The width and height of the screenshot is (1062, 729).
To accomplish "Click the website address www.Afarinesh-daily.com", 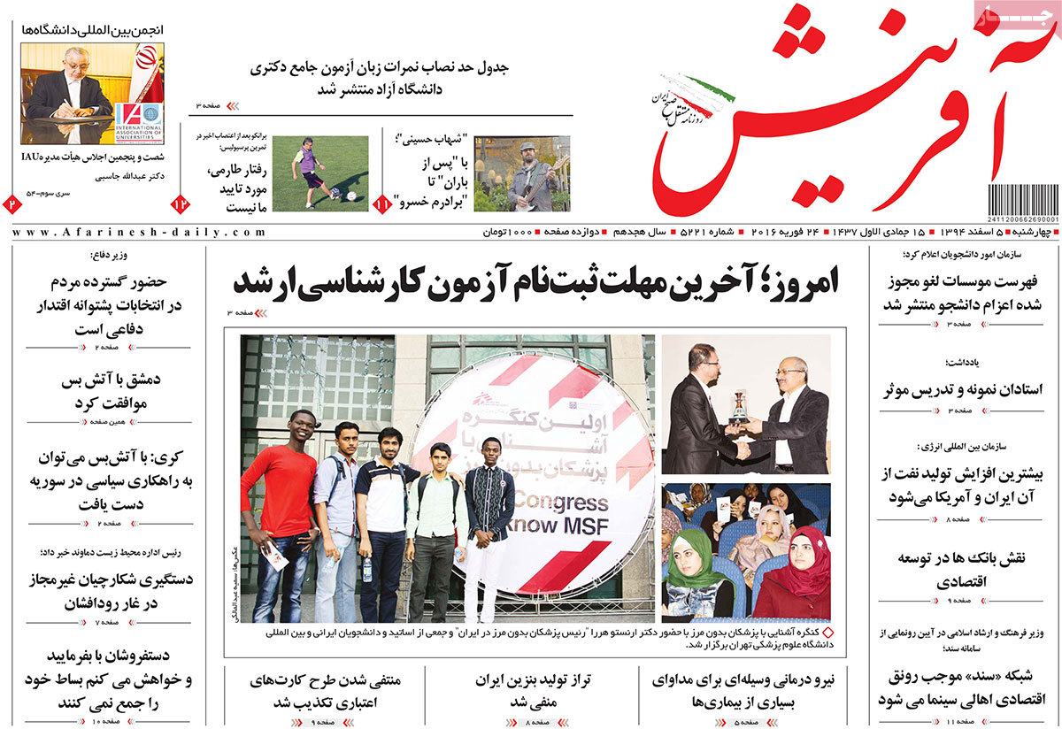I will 139,233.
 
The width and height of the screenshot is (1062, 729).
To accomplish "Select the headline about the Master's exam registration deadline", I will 535,282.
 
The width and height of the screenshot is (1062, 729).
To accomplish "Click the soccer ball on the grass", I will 351,196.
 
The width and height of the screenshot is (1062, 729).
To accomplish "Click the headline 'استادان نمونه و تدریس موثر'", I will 963,389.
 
